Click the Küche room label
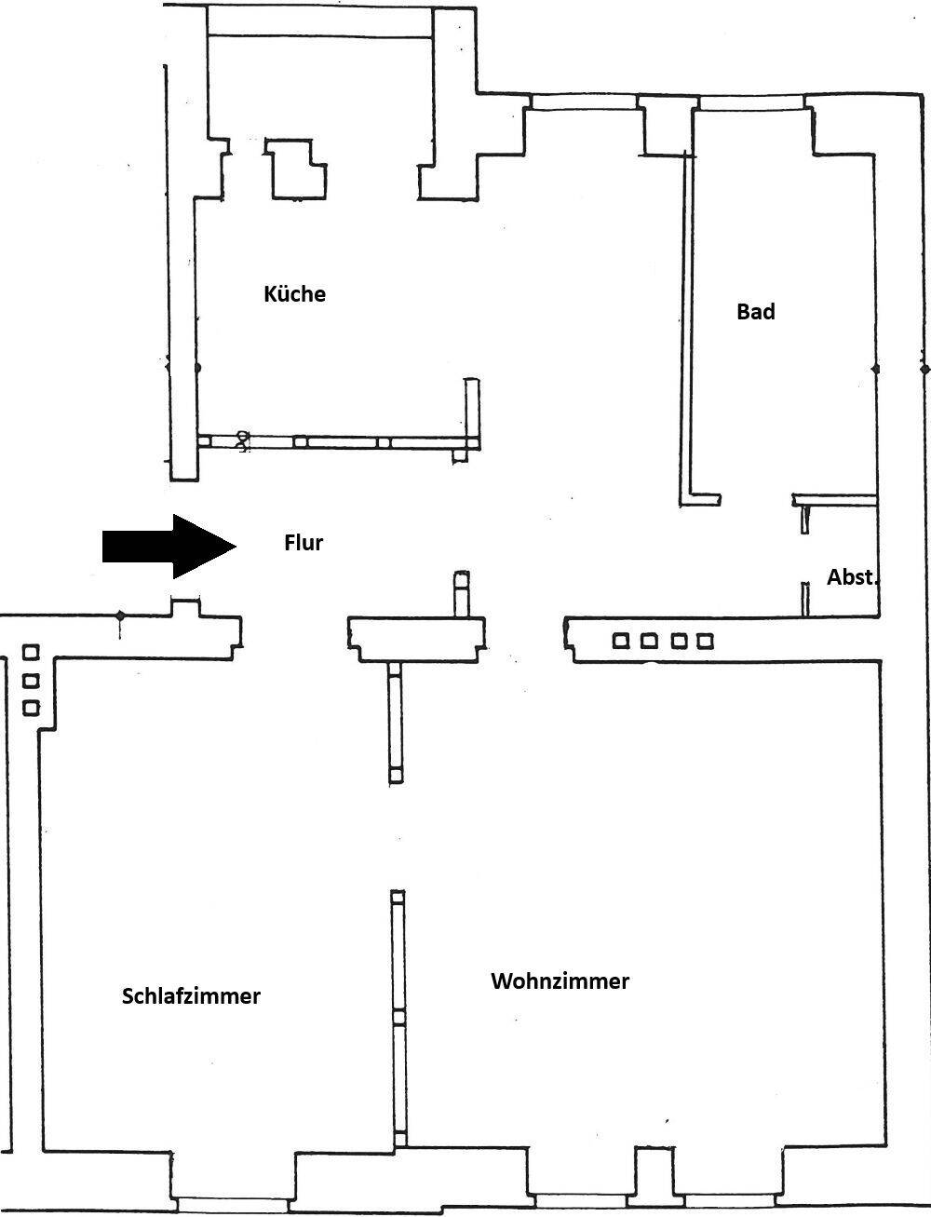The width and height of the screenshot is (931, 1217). coord(294,294)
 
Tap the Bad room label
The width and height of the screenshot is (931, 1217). coord(755,312)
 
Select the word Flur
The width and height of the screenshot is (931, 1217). coord(304,542)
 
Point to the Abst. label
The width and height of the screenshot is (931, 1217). coord(851,577)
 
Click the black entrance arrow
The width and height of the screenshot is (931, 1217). coord(169,547)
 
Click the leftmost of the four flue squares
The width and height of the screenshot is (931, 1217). coord(621,642)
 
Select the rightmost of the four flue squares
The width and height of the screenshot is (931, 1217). coord(705,642)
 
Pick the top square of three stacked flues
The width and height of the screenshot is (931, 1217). coord(31,652)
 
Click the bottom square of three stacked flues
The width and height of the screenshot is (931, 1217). coord(31,708)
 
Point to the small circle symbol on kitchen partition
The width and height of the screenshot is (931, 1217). coord(242,441)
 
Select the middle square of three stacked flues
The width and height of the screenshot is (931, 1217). coord(31,681)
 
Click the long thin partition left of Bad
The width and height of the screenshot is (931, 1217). coord(687,327)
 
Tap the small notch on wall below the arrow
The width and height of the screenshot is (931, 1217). coord(185,606)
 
